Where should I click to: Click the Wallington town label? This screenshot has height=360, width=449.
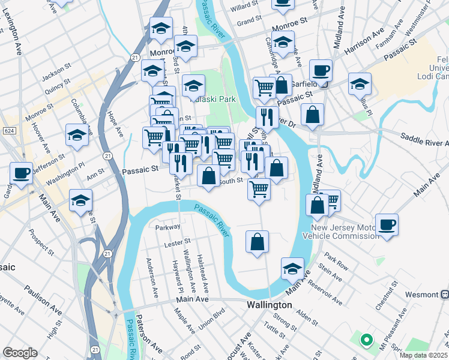270,305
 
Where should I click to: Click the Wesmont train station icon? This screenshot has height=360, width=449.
445,295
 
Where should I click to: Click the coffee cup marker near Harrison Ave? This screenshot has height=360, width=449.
321,70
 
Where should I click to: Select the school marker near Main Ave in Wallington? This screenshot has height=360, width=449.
292,268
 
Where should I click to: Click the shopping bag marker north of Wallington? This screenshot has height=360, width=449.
257,242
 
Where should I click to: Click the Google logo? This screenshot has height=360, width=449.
20,353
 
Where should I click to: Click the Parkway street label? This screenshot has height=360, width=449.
167,227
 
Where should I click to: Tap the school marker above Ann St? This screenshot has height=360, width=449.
77,136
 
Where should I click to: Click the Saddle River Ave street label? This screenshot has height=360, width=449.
423,143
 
